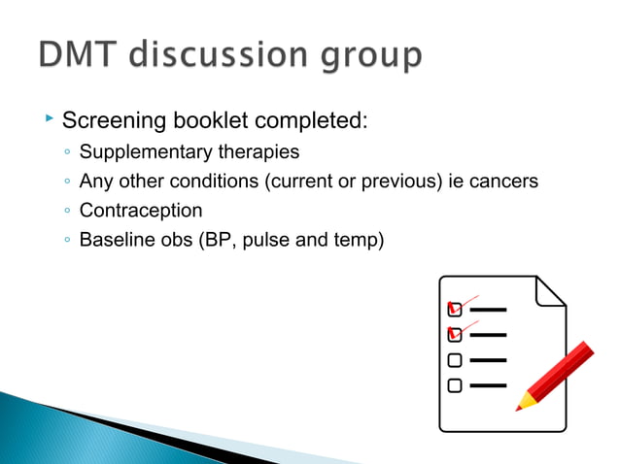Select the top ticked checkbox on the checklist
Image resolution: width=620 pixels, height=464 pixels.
pos(455,310)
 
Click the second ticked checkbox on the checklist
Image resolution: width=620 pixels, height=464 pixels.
pos(455,335)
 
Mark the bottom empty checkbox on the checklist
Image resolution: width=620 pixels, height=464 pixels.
pos(455,385)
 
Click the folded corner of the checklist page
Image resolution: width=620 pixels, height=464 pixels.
pos(551,291)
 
